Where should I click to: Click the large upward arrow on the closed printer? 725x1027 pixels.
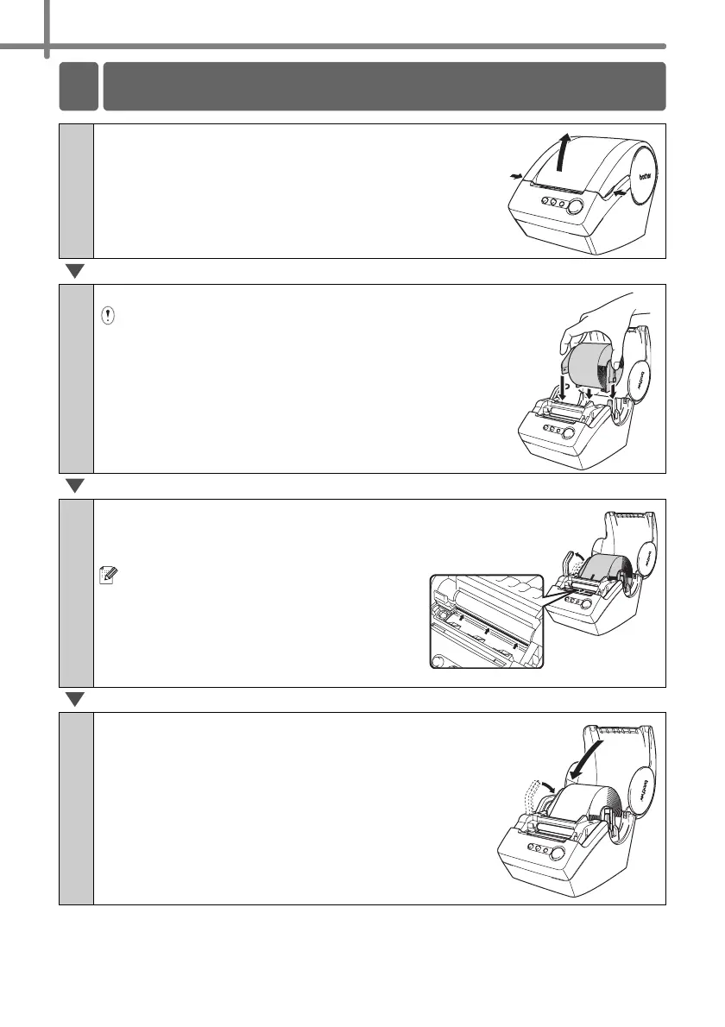564,154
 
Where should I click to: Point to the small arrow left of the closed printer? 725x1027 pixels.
516,176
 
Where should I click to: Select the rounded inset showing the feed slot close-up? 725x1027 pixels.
488,621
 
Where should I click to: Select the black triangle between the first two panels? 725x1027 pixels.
75,272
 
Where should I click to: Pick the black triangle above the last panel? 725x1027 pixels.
75,699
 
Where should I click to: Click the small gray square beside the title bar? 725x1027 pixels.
78,86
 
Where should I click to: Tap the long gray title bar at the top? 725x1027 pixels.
384,86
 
